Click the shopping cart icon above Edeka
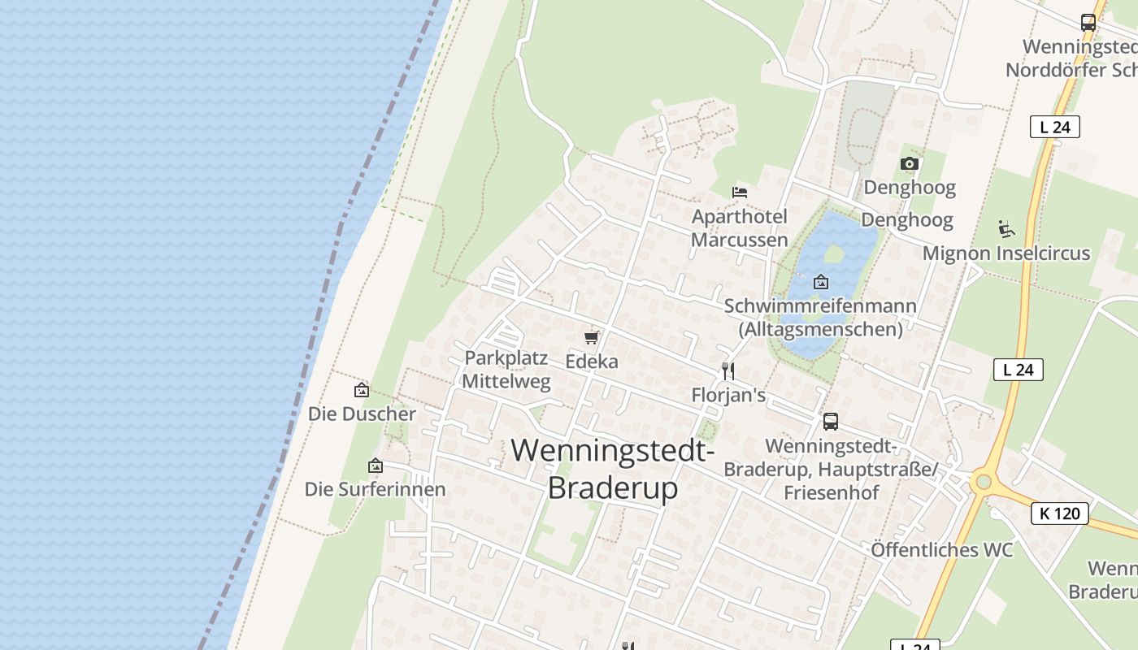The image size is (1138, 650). click(592, 337)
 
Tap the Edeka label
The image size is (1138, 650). click(592, 362)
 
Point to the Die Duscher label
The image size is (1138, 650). click(362, 414)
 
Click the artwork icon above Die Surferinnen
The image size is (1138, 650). click(375, 466)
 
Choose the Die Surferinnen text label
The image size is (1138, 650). click(375, 489)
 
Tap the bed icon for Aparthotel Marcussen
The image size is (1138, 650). click(740, 193)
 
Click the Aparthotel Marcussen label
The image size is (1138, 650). click(740, 228)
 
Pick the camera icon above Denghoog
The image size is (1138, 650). click(910, 164)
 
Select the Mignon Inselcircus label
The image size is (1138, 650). click(1006, 253)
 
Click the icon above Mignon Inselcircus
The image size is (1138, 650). click(1006, 229)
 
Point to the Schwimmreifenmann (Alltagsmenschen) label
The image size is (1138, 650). click(820, 318)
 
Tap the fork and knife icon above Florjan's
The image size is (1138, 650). click(728, 371)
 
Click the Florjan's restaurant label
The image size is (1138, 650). click(728, 396)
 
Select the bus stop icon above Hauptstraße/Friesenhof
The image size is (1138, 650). click(830, 422)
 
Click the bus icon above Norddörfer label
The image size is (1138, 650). click(1088, 23)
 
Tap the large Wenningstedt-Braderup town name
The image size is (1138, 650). click(613, 469)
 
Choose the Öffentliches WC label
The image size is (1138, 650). click(941, 550)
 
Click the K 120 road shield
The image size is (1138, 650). click(1060, 513)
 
